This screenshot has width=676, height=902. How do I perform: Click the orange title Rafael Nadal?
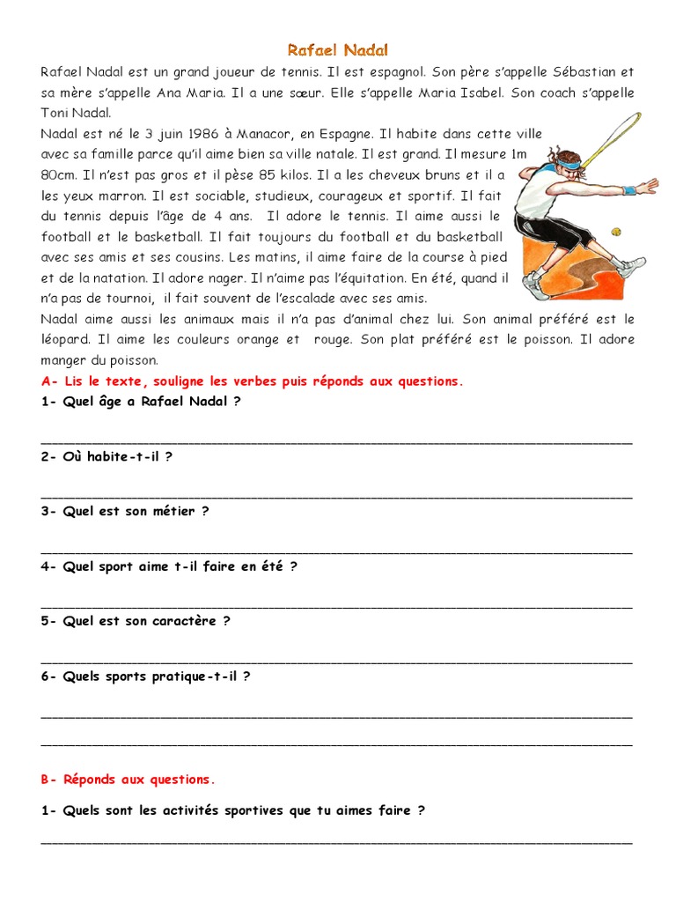point(338,50)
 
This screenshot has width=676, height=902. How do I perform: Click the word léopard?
point(68,339)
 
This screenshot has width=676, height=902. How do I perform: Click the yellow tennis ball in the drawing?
point(616,232)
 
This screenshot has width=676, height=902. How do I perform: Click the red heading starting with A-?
point(252,381)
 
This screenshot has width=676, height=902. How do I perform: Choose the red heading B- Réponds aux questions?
point(128,779)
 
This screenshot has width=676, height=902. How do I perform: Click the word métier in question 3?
point(174,511)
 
